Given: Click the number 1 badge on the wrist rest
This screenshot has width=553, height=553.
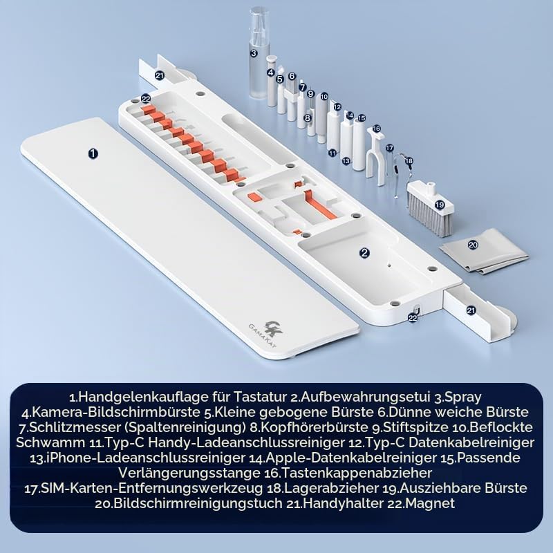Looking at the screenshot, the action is coord(93,153).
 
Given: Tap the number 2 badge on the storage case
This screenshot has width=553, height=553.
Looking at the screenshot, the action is coord(365,252).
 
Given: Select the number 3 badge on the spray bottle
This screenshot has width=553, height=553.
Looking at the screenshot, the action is coord(254,53).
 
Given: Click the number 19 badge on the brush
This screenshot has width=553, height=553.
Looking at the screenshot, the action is coord(440,205).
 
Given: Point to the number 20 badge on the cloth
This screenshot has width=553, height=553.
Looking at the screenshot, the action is coord(473,245).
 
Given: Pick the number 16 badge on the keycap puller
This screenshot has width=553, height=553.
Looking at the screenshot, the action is coord(376,129).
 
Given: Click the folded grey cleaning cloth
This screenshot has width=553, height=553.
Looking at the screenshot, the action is coord(484,251).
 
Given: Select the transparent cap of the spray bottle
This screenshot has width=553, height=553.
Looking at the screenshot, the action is coord(260,24).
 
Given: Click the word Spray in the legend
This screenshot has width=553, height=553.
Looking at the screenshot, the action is coord(462,397).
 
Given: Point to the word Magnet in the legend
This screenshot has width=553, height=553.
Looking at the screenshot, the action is coord(430,503).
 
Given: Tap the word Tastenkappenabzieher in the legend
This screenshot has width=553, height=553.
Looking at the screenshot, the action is coord(357,473).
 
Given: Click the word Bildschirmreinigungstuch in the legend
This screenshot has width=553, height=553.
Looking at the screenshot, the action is coord(198,503).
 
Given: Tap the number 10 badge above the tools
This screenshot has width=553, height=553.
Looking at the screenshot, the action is coord(324,97).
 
